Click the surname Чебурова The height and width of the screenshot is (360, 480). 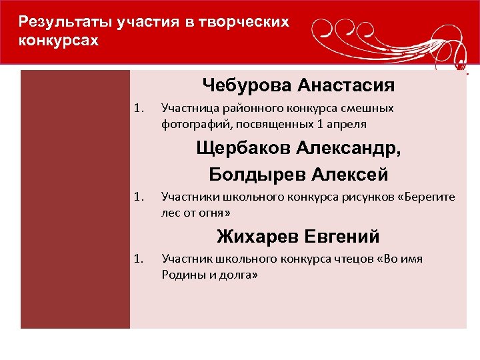(247, 85)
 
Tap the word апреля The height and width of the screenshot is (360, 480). (349, 124)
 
